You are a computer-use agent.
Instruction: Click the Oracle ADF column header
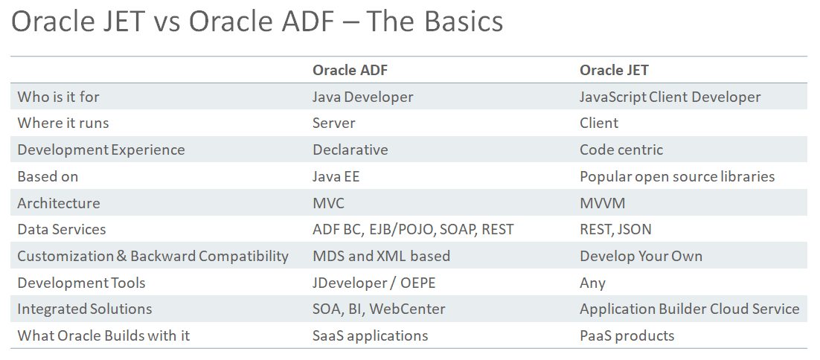point(350,70)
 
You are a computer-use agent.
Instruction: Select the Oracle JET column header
point(614,70)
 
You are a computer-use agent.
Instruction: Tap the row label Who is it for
point(58,97)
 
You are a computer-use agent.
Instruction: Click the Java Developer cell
point(363,97)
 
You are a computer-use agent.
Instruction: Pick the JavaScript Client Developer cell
point(670,97)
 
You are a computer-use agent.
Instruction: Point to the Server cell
point(333,123)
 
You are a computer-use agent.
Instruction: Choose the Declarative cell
point(350,150)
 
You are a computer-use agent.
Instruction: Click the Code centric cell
point(621,150)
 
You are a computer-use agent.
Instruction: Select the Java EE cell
point(336,176)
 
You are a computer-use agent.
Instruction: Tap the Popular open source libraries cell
point(677,176)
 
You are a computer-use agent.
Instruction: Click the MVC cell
point(328,203)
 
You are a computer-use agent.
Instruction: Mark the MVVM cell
point(603,203)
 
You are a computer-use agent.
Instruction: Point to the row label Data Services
point(62,229)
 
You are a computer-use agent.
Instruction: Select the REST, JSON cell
point(615,230)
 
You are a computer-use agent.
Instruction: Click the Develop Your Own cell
point(641,256)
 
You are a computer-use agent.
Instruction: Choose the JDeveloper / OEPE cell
point(374,283)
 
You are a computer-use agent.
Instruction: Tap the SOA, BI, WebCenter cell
point(379,309)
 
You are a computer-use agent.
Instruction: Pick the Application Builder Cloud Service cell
point(689,309)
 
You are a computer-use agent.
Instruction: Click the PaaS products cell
point(627,336)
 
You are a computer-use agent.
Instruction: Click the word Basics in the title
point(464,22)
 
